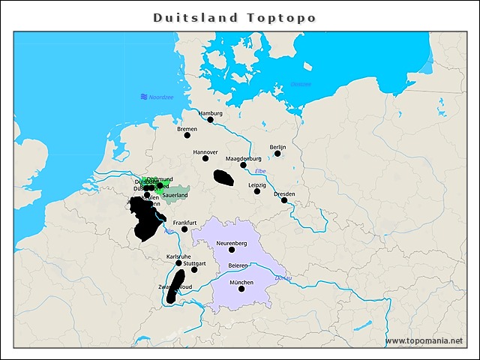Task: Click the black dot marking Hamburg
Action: pyautogui.click(x=211, y=119)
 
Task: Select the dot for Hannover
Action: pyautogui.click(x=205, y=158)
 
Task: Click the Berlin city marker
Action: pyautogui.click(x=277, y=153)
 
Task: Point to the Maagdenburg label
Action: pyautogui.click(x=243, y=158)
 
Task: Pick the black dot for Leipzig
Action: pyautogui.click(x=257, y=191)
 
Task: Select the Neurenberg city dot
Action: pyautogui.click(x=232, y=250)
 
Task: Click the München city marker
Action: pyautogui.click(x=241, y=289)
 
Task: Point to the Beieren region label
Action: pyautogui.click(x=238, y=266)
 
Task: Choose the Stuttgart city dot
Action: pyautogui.click(x=194, y=270)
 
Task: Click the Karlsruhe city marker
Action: pyautogui.click(x=178, y=262)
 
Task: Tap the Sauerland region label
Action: pyautogui.click(x=175, y=195)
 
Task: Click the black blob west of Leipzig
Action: pyautogui.click(x=223, y=178)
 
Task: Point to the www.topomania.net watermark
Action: pyautogui.click(x=424, y=340)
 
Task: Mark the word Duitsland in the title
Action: pyautogui.click(x=196, y=17)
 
